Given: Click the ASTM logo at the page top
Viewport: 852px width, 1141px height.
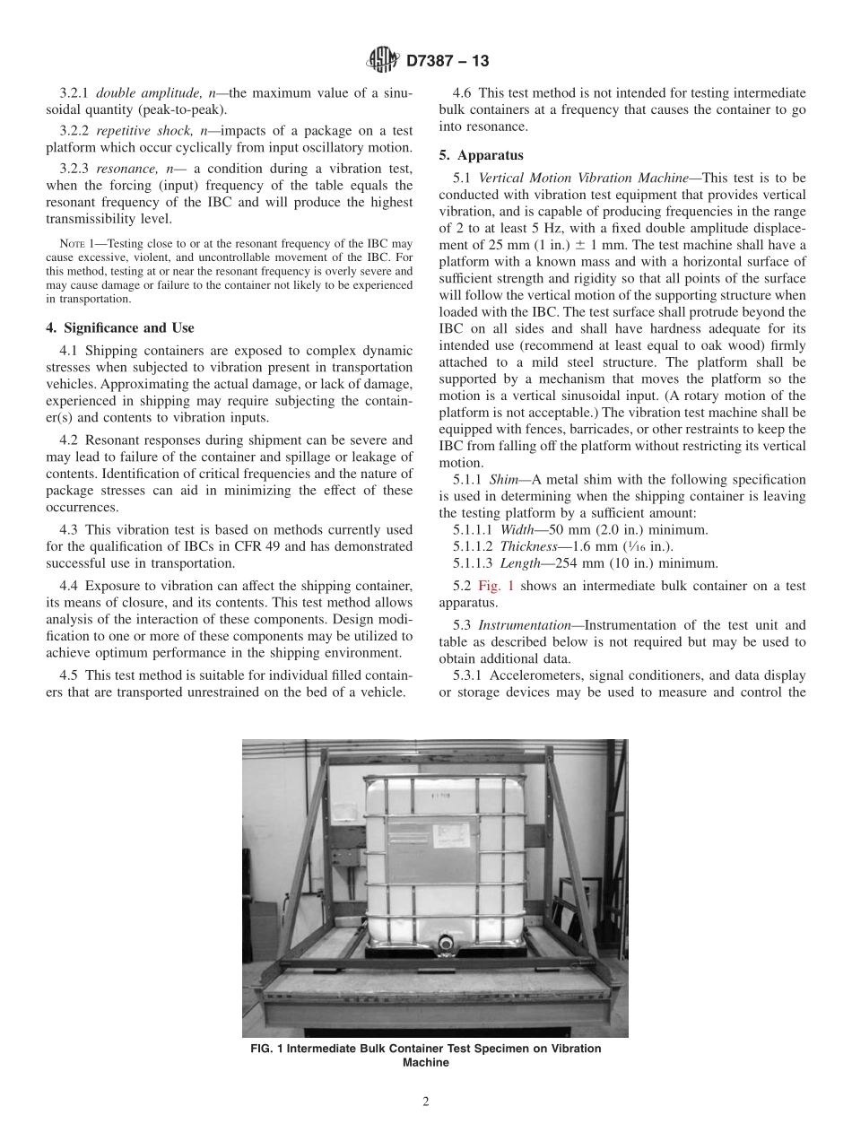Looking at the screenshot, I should click(x=383, y=61).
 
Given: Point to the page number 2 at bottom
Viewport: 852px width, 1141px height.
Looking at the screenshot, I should click(x=426, y=1102).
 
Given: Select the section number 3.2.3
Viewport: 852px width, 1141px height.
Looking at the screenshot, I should click(x=75, y=169).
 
